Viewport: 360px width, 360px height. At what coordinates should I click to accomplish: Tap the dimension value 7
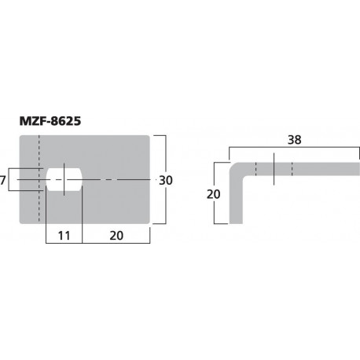(4, 180)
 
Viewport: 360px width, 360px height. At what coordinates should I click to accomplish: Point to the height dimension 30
(166, 180)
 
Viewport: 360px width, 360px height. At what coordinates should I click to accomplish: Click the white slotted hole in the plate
(65, 180)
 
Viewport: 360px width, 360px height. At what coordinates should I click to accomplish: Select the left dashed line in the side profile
(255, 169)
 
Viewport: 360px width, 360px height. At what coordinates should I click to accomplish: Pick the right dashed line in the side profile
(292, 169)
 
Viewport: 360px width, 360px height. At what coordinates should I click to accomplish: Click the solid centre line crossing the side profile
(274, 169)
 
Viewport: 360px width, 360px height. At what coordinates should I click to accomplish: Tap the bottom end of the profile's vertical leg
(236, 222)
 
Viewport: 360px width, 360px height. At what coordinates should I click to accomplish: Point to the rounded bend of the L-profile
(234, 167)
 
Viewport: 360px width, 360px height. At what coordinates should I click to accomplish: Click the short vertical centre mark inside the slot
(65, 180)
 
